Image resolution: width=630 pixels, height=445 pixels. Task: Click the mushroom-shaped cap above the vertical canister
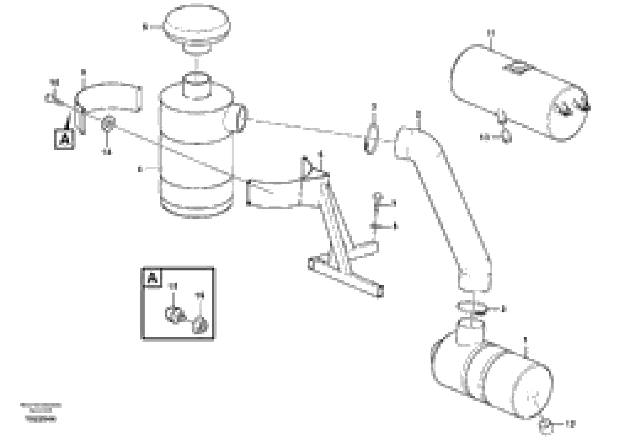[196, 26]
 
